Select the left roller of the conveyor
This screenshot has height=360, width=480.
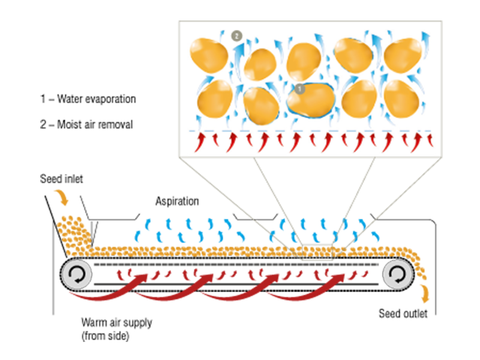click(78, 275)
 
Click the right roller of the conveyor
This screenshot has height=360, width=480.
click(396, 275)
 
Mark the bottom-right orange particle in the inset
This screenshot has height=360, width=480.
click(400, 98)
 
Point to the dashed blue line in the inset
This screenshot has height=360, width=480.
click(311, 130)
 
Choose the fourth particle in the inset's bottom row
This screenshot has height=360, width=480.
click(358, 98)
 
